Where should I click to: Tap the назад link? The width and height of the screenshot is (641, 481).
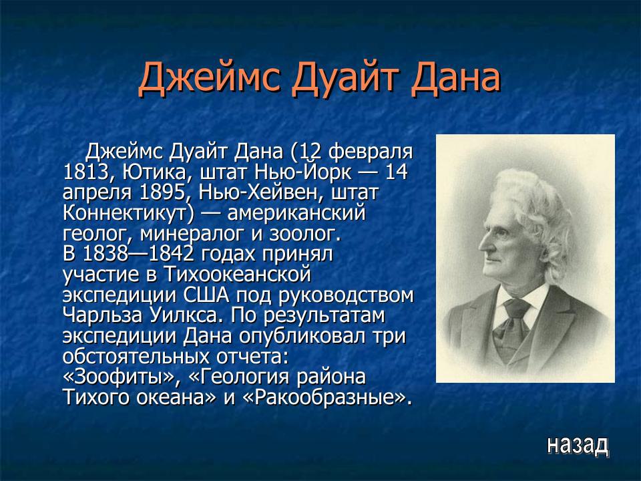tap(578, 444)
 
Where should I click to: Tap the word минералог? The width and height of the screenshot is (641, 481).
tap(190, 235)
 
